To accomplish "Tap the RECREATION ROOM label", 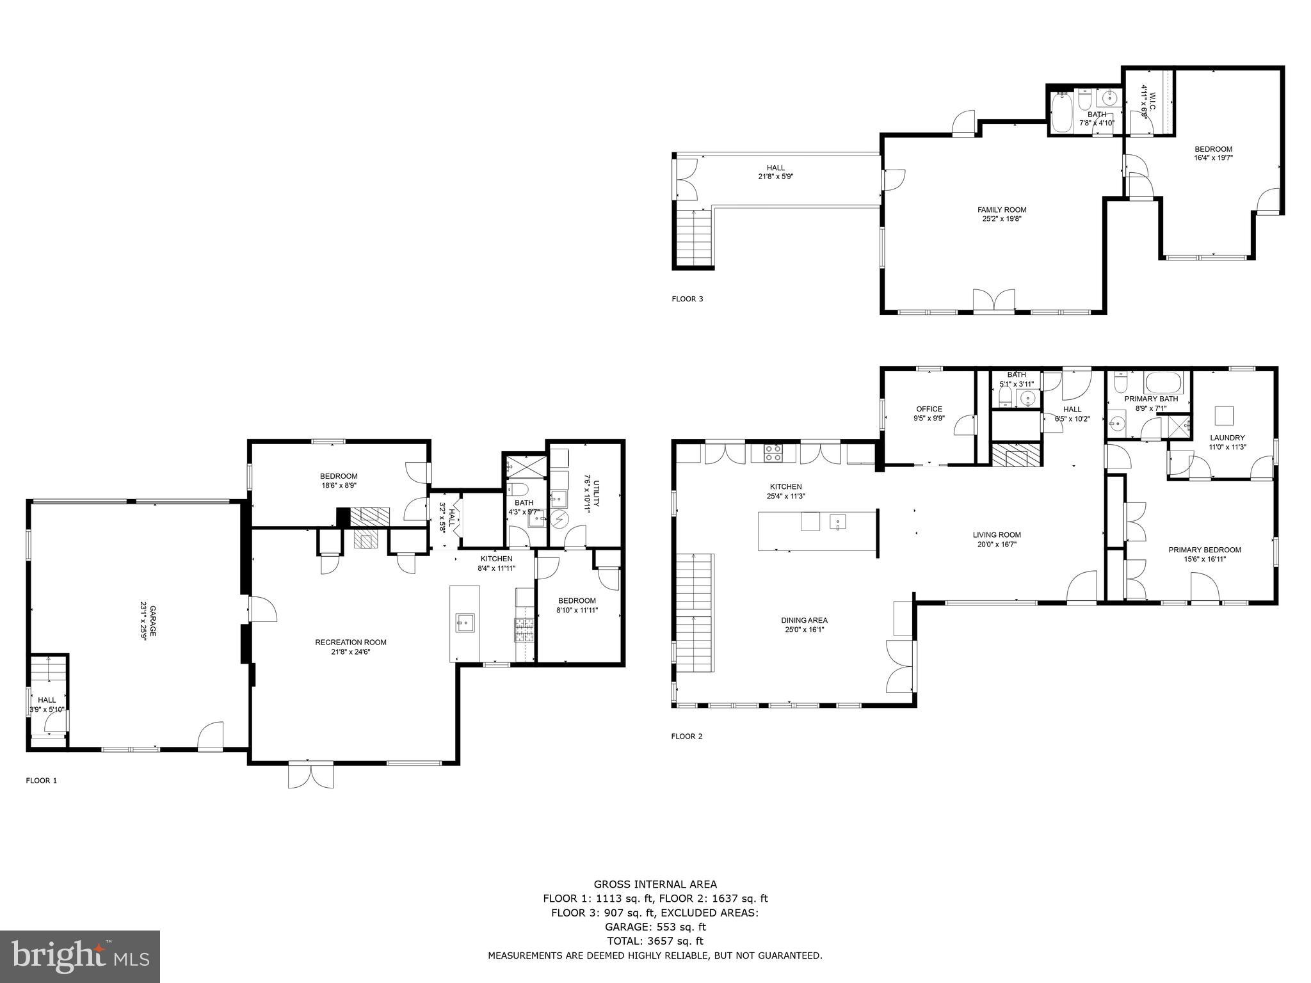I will pyautogui.click(x=351, y=643).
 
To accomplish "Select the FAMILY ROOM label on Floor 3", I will pyautogui.click(x=1002, y=210).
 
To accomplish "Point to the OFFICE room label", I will pyautogui.click(x=929, y=410).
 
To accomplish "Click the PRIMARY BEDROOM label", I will pyautogui.click(x=1205, y=550).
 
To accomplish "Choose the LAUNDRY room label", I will pyautogui.click(x=1227, y=438).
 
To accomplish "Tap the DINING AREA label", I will pyautogui.click(x=804, y=620).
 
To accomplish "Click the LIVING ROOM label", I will pyautogui.click(x=997, y=535).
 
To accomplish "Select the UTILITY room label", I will pyautogui.click(x=597, y=493).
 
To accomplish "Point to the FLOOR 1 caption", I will pyautogui.click(x=42, y=781).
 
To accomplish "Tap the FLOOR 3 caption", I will pyautogui.click(x=688, y=299).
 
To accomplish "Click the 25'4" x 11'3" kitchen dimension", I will pyautogui.click(x=785, y=496).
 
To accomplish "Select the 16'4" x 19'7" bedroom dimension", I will pyautogui.click(x=1213, y=157).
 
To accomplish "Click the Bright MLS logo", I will pyautogui.click(x=80, y=956).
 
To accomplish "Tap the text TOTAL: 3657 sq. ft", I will pyautogui.click(x=655, y=941).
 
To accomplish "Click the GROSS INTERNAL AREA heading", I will pyautogui.click(x=655, y=884).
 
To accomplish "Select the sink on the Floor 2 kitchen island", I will pyautogui.click(x=838, y=522).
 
